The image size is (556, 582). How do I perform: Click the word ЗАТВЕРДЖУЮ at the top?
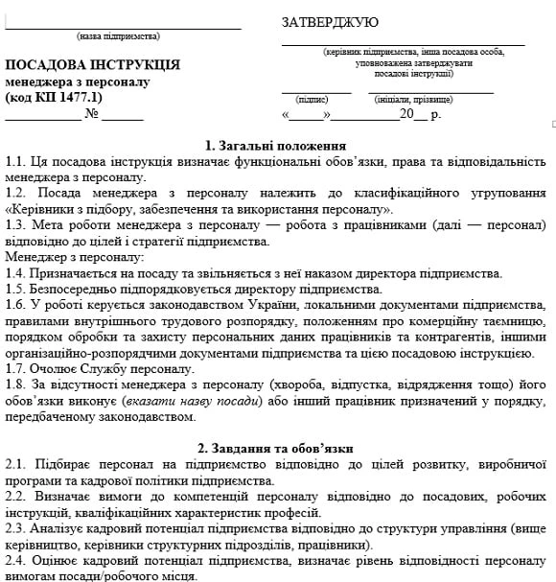(330, 22)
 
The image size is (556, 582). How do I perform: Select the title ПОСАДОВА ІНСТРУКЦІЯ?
(92, 65)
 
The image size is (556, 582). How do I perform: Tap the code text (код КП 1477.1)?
(54, 98)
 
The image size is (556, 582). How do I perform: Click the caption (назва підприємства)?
(118, 36)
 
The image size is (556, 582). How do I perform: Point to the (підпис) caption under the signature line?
(313, 99)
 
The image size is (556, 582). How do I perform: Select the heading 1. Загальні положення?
(277, 145)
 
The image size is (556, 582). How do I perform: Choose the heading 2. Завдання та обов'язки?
(277, 448)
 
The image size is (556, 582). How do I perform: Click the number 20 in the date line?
(406, 115)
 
